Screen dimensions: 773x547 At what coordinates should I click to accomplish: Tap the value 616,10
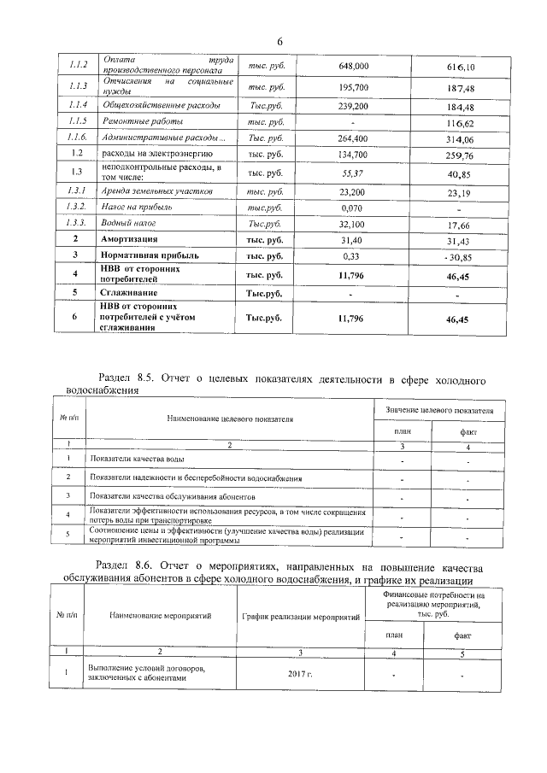(460, 67)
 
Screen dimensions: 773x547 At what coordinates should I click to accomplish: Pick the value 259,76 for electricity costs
(460, 156)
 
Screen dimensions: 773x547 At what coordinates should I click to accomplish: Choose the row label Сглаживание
(130, 293)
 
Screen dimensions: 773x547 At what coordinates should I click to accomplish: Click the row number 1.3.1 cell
(77, 190)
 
